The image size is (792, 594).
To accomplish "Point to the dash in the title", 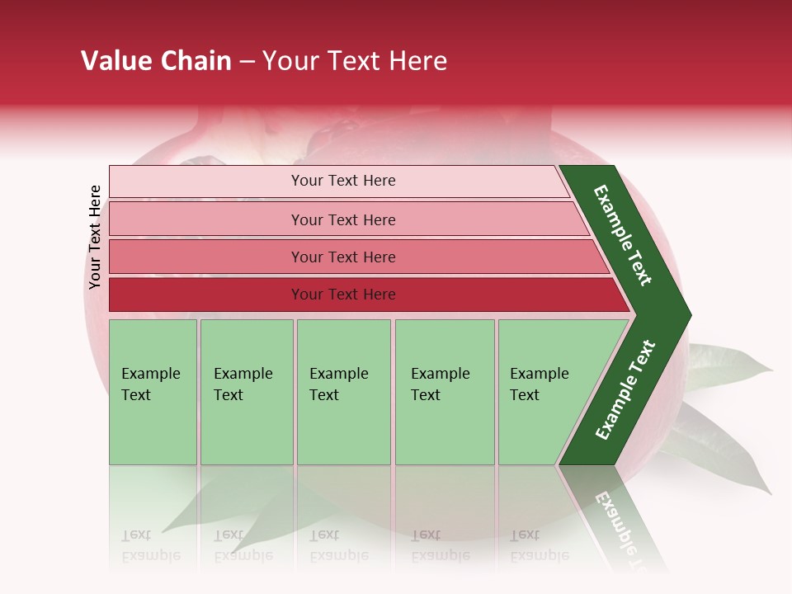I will click(247, 62).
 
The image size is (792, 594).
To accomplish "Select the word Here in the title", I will click(417, 61).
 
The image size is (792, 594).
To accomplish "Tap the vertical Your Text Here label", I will click(95, 237).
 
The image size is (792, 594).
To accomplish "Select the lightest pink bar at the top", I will click(342, 181).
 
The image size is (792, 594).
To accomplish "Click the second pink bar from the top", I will click(342, 219).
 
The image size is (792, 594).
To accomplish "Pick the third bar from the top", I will click(342, 257).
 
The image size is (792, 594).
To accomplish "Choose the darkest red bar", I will click(342, 295).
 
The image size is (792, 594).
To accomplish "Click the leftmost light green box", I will click(153, 392).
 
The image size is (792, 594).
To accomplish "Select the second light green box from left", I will click(246, 392).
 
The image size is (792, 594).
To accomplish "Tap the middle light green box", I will click(343, 392).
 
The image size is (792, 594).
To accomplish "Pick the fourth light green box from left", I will click(444, 392).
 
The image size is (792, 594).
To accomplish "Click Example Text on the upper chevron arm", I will click(623, 235).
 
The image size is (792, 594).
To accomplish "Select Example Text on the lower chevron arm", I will click(625, 390).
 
